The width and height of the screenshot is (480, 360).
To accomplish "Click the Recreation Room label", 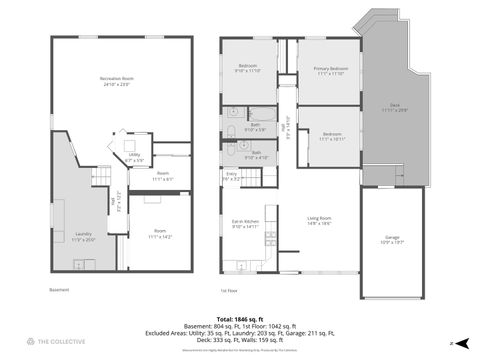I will click(118, 81).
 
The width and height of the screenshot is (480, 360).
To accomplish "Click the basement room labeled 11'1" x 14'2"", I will click(160, 234).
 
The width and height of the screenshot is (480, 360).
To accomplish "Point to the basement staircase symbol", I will click(100, 178).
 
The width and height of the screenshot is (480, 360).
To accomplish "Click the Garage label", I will click(393, 240).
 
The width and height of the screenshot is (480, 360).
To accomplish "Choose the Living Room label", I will click(319, 220).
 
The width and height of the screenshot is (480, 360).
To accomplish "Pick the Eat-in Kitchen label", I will click(245, 225).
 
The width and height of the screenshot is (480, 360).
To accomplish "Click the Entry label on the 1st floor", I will click(231, 176).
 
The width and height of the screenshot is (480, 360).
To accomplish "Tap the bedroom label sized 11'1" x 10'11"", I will click(329, 136).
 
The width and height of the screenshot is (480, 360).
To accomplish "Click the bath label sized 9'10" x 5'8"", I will click(255, 128).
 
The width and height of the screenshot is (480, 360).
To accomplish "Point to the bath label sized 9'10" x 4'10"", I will click(257, 155).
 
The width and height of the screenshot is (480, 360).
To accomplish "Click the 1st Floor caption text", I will click(228, 291).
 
